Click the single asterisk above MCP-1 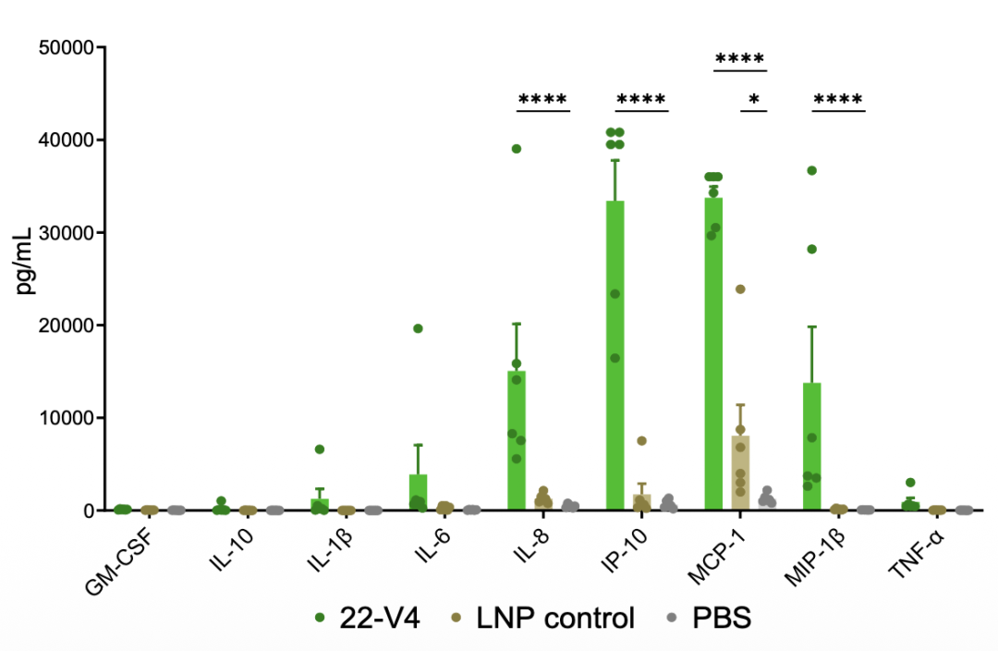point(754,100)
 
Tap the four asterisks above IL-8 point(542,100)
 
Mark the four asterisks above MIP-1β point(837,100)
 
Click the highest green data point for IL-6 point(418,328)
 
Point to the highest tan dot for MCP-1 point(740,289)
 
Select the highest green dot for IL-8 point(517,149)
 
